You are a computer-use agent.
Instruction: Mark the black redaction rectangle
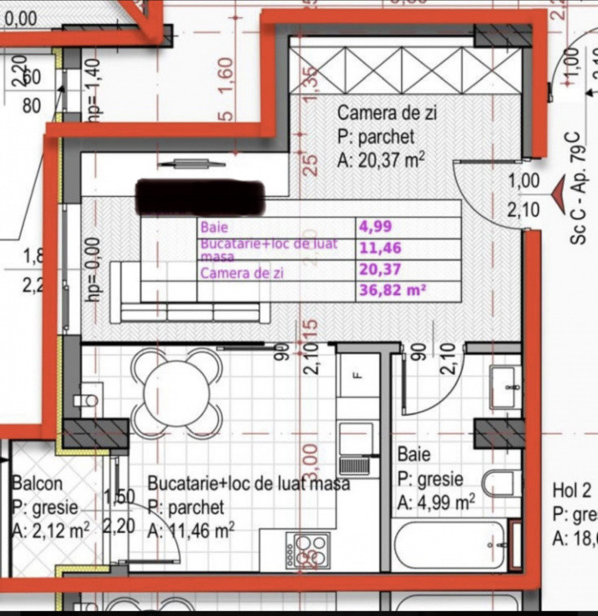199,198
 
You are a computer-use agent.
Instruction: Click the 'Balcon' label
37,483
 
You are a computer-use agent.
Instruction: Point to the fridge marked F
358,375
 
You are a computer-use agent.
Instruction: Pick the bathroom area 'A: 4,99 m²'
436,502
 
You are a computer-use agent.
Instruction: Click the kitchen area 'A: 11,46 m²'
191,531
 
